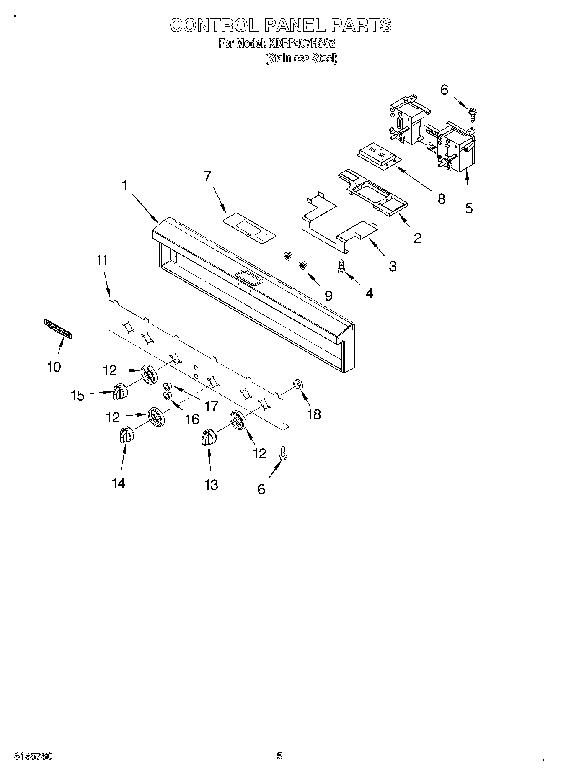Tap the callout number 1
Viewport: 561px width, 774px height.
(124, 185)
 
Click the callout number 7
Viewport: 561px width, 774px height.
(207, 176)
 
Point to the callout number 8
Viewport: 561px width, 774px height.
(441, 199)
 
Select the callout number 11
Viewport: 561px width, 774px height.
(102, 260)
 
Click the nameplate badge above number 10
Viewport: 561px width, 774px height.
(58, 328)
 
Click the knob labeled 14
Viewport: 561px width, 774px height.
(125, 435)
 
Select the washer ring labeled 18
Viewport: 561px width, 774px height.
(297, 384)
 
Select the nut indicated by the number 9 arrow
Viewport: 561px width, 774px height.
(302, 265)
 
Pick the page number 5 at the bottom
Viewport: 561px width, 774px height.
(279, 756)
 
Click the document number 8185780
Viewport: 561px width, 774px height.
(34, 756)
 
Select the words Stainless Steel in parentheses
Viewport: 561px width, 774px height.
(301, 58)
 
